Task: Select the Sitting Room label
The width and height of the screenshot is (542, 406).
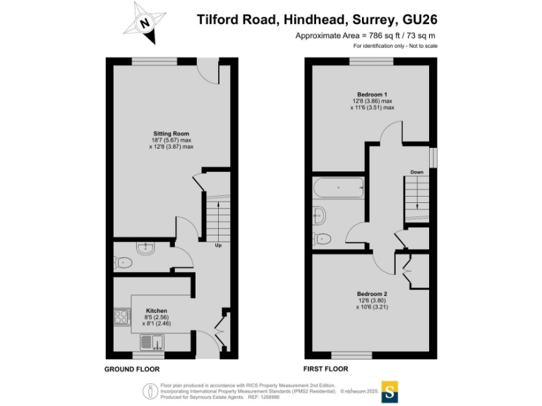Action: (x=171, y=133)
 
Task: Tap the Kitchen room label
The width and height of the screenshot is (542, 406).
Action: (x=156, y=310)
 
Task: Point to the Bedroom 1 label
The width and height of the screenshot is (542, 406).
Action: (x=372, y=94)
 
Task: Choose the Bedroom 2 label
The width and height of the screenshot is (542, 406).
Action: (x=372, y=293)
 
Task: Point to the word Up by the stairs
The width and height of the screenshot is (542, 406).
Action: (x=219, y=245)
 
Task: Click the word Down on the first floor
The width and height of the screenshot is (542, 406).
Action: (x=416, y=172)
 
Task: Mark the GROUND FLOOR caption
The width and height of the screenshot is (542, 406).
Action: (x=132, y=369)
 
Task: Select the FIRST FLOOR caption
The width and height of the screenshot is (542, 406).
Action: (x=325, y=369)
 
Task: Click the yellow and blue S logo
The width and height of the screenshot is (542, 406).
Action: (x=389, y=391)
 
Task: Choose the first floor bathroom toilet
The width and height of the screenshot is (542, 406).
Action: (x=323, y=238)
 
